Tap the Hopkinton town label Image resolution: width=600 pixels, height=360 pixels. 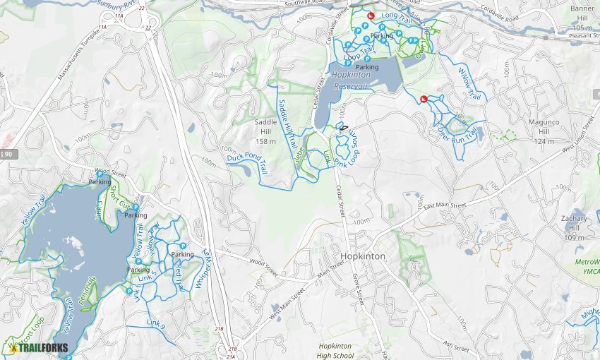click(363, 256)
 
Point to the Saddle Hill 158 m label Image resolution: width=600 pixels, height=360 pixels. click(266, 131)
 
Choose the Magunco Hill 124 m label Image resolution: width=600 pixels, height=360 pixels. click(544, 131)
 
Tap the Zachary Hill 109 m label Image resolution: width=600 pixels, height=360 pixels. click(574, 228)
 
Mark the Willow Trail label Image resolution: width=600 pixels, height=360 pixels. click(469, 83)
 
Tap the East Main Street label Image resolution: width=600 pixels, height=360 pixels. click(445, 205)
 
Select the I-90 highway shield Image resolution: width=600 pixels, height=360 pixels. click(6, 154)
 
